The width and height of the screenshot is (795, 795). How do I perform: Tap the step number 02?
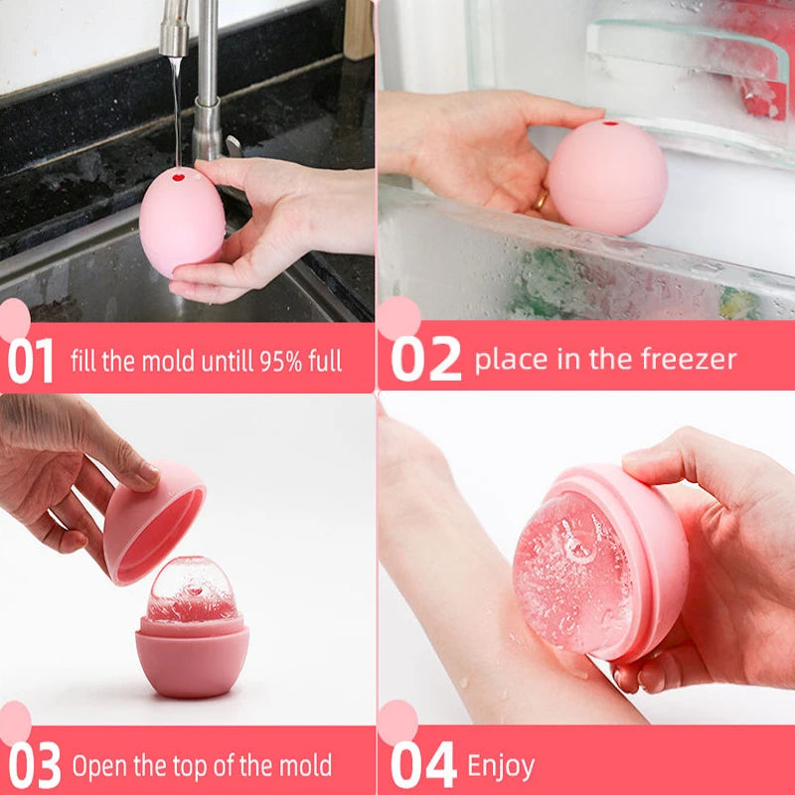point(425,359)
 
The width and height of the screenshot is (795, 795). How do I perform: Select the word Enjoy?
point(501,766)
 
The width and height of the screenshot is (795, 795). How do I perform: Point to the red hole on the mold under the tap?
point(179,179)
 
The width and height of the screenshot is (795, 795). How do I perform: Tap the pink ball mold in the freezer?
point(606,177)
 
